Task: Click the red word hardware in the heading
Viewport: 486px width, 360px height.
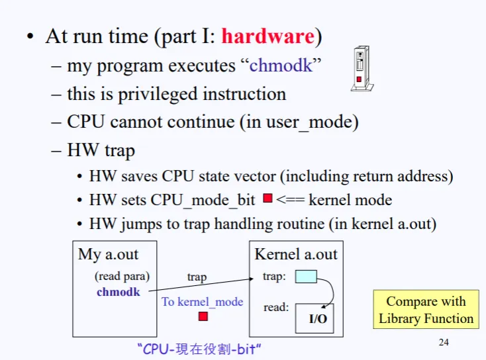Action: (267, 36)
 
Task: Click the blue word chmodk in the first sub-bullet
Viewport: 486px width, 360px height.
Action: (280, 66)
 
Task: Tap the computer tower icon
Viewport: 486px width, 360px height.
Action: (360, 68)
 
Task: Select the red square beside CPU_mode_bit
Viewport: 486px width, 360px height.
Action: (267, 199)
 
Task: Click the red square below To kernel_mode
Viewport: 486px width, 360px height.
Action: (203, 316)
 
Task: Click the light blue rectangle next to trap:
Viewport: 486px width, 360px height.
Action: (305, 277)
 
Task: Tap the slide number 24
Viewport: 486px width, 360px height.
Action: (444, 342)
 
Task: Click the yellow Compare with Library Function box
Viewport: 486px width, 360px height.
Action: (426, 310)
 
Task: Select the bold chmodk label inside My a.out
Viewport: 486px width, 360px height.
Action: (119, 291)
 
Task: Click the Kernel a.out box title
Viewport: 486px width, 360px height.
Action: (296, 254)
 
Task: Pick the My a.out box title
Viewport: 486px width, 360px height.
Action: (109, 254)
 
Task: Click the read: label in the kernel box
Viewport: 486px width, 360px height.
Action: (275, 307)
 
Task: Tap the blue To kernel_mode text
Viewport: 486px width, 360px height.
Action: (203, 302)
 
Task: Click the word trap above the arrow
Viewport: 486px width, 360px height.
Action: (197, 277)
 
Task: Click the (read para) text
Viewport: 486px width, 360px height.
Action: (122, 276)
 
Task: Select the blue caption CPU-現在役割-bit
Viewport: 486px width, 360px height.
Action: (204, 348)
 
